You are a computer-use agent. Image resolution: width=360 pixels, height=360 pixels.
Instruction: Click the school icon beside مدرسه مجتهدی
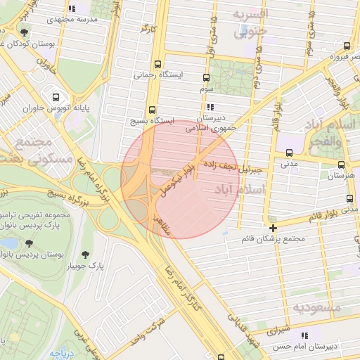(x=71, y=9)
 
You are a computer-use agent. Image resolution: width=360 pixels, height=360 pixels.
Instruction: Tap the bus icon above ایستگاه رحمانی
(x=158, y=63)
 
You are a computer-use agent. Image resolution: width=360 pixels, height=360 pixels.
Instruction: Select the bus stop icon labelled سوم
(x=206, y=78)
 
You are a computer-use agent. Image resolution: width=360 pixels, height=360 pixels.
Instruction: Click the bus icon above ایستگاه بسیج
(x=153, y=110)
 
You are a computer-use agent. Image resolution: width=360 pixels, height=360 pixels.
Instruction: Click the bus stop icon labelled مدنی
(x=289, y=153)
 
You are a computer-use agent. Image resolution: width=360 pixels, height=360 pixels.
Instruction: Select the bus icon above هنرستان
(x=342, y=165)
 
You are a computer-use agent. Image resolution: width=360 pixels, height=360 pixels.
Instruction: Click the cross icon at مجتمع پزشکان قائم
(x=274, y=228)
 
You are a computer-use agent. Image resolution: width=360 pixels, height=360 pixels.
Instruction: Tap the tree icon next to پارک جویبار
(x=86, y=255)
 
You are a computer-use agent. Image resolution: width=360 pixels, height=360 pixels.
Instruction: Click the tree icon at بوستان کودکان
(x=25, y=32)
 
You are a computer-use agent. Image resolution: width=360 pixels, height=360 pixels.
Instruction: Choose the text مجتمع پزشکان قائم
(x=274, y=239)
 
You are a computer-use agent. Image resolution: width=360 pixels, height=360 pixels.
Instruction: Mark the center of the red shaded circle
(x=181, y=179)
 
